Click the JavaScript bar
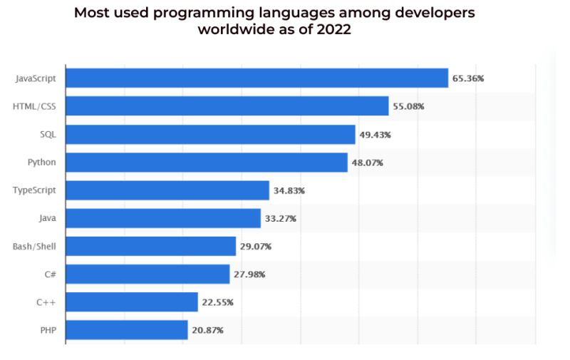tap(256, 78)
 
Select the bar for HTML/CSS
tap(227, 106)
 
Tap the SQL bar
tap(210, 134)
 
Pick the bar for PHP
tap(127, 329)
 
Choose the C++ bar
tap(132, 302)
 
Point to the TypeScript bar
tap(167, 190)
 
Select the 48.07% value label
tap(367, 163)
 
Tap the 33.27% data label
tap(280, 218)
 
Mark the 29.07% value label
tap(256, 246)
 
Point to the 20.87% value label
tap(207, 330)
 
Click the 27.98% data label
tap(249, 274)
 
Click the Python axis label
tap(41, 162)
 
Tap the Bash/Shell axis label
tap(34, 246)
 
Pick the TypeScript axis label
tap(34, 190)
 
